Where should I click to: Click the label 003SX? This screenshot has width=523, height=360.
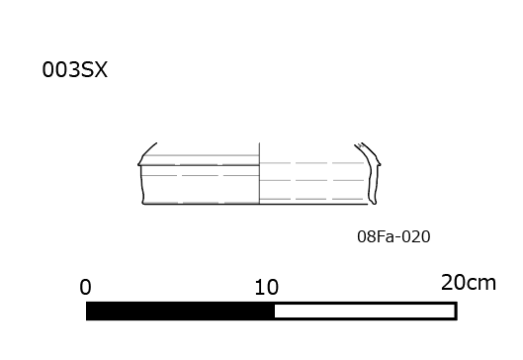[75, 70]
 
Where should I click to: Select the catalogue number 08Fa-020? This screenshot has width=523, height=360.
[393, 237]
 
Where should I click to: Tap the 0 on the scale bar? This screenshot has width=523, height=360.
[85, 287]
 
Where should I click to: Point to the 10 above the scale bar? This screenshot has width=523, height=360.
[266, 287]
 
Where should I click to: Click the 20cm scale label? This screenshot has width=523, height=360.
[469, 283]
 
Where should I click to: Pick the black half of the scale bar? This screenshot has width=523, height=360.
[180, 311]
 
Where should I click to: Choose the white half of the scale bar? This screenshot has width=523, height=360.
[366, 311]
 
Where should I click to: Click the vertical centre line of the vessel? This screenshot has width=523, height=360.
[259, 173]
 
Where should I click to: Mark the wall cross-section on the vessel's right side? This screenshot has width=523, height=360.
[371, 173]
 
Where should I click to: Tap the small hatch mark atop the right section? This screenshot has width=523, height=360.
[360, 145]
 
